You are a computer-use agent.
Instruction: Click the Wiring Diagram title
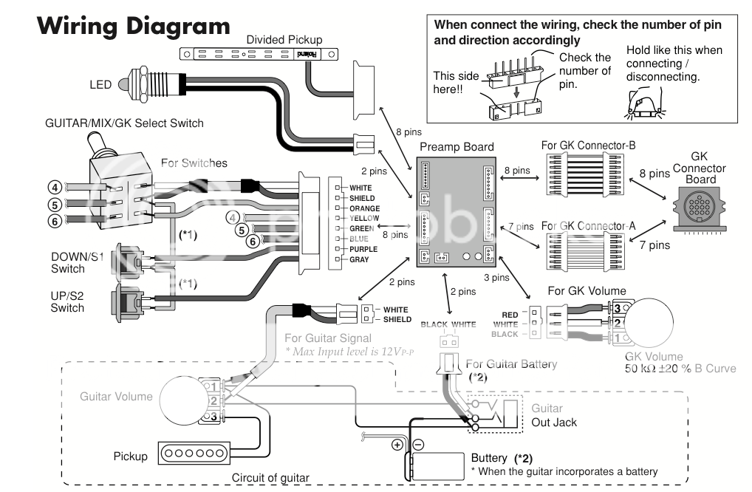click(133, 27)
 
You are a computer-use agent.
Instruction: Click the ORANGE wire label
click(365, 208)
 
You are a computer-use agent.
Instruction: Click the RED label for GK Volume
click(510, 314)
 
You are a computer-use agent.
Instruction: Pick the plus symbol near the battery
click(397, 445)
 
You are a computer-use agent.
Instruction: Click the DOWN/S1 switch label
click(78, 262)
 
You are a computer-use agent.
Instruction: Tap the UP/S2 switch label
click(67, 301)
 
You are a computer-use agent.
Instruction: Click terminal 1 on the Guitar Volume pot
click(212, 386)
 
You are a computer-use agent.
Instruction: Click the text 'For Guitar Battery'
click(511, 364)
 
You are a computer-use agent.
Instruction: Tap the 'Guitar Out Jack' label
click(554, 415)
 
